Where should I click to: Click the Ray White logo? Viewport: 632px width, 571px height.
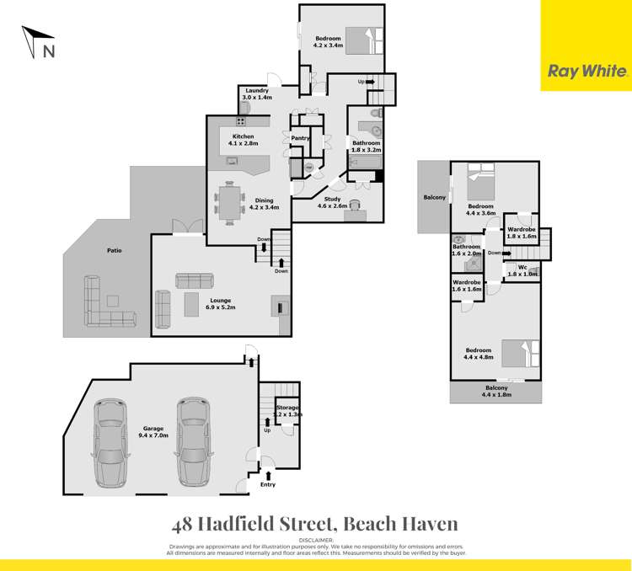[586, 72]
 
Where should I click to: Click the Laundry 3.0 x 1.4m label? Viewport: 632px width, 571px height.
[256, 94]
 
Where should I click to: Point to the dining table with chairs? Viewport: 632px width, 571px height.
[230, 202]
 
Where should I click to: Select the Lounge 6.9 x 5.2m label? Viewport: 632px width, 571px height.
[220, 304]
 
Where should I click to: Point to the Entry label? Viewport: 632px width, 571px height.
[268, 484]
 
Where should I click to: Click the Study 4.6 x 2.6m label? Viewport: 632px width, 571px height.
[333, 202]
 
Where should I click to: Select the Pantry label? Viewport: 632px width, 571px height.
[301, 138]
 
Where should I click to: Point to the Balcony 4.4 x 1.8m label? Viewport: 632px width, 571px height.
[498, 391]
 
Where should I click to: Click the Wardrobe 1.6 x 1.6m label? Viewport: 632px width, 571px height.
[467, 286]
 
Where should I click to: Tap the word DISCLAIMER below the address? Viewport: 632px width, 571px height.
[316, 539]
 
